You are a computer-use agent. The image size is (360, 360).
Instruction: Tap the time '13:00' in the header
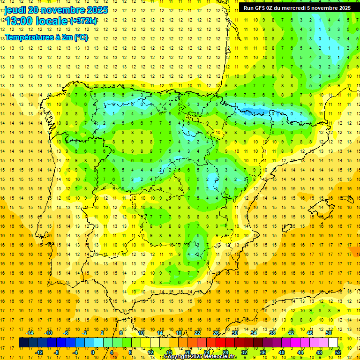click(x=18, y=21)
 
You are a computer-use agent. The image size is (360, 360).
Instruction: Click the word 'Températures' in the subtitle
click(x=27, y=37)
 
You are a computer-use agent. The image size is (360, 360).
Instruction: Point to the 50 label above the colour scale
click(x=329, y=333)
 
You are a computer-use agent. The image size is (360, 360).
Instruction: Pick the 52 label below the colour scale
click(x=338, y=352)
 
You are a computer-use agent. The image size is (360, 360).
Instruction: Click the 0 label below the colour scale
click(x=93, y=352)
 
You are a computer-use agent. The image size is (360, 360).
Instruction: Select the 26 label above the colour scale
click(x=216, y=333)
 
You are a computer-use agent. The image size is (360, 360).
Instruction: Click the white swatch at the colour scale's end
click(x=333, y=343)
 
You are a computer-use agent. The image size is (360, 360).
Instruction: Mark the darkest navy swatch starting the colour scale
click(x=23, y=343)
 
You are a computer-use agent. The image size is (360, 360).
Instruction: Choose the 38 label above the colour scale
click(x=272, y=333)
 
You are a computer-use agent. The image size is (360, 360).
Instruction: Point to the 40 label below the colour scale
click(x=282, y=352)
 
